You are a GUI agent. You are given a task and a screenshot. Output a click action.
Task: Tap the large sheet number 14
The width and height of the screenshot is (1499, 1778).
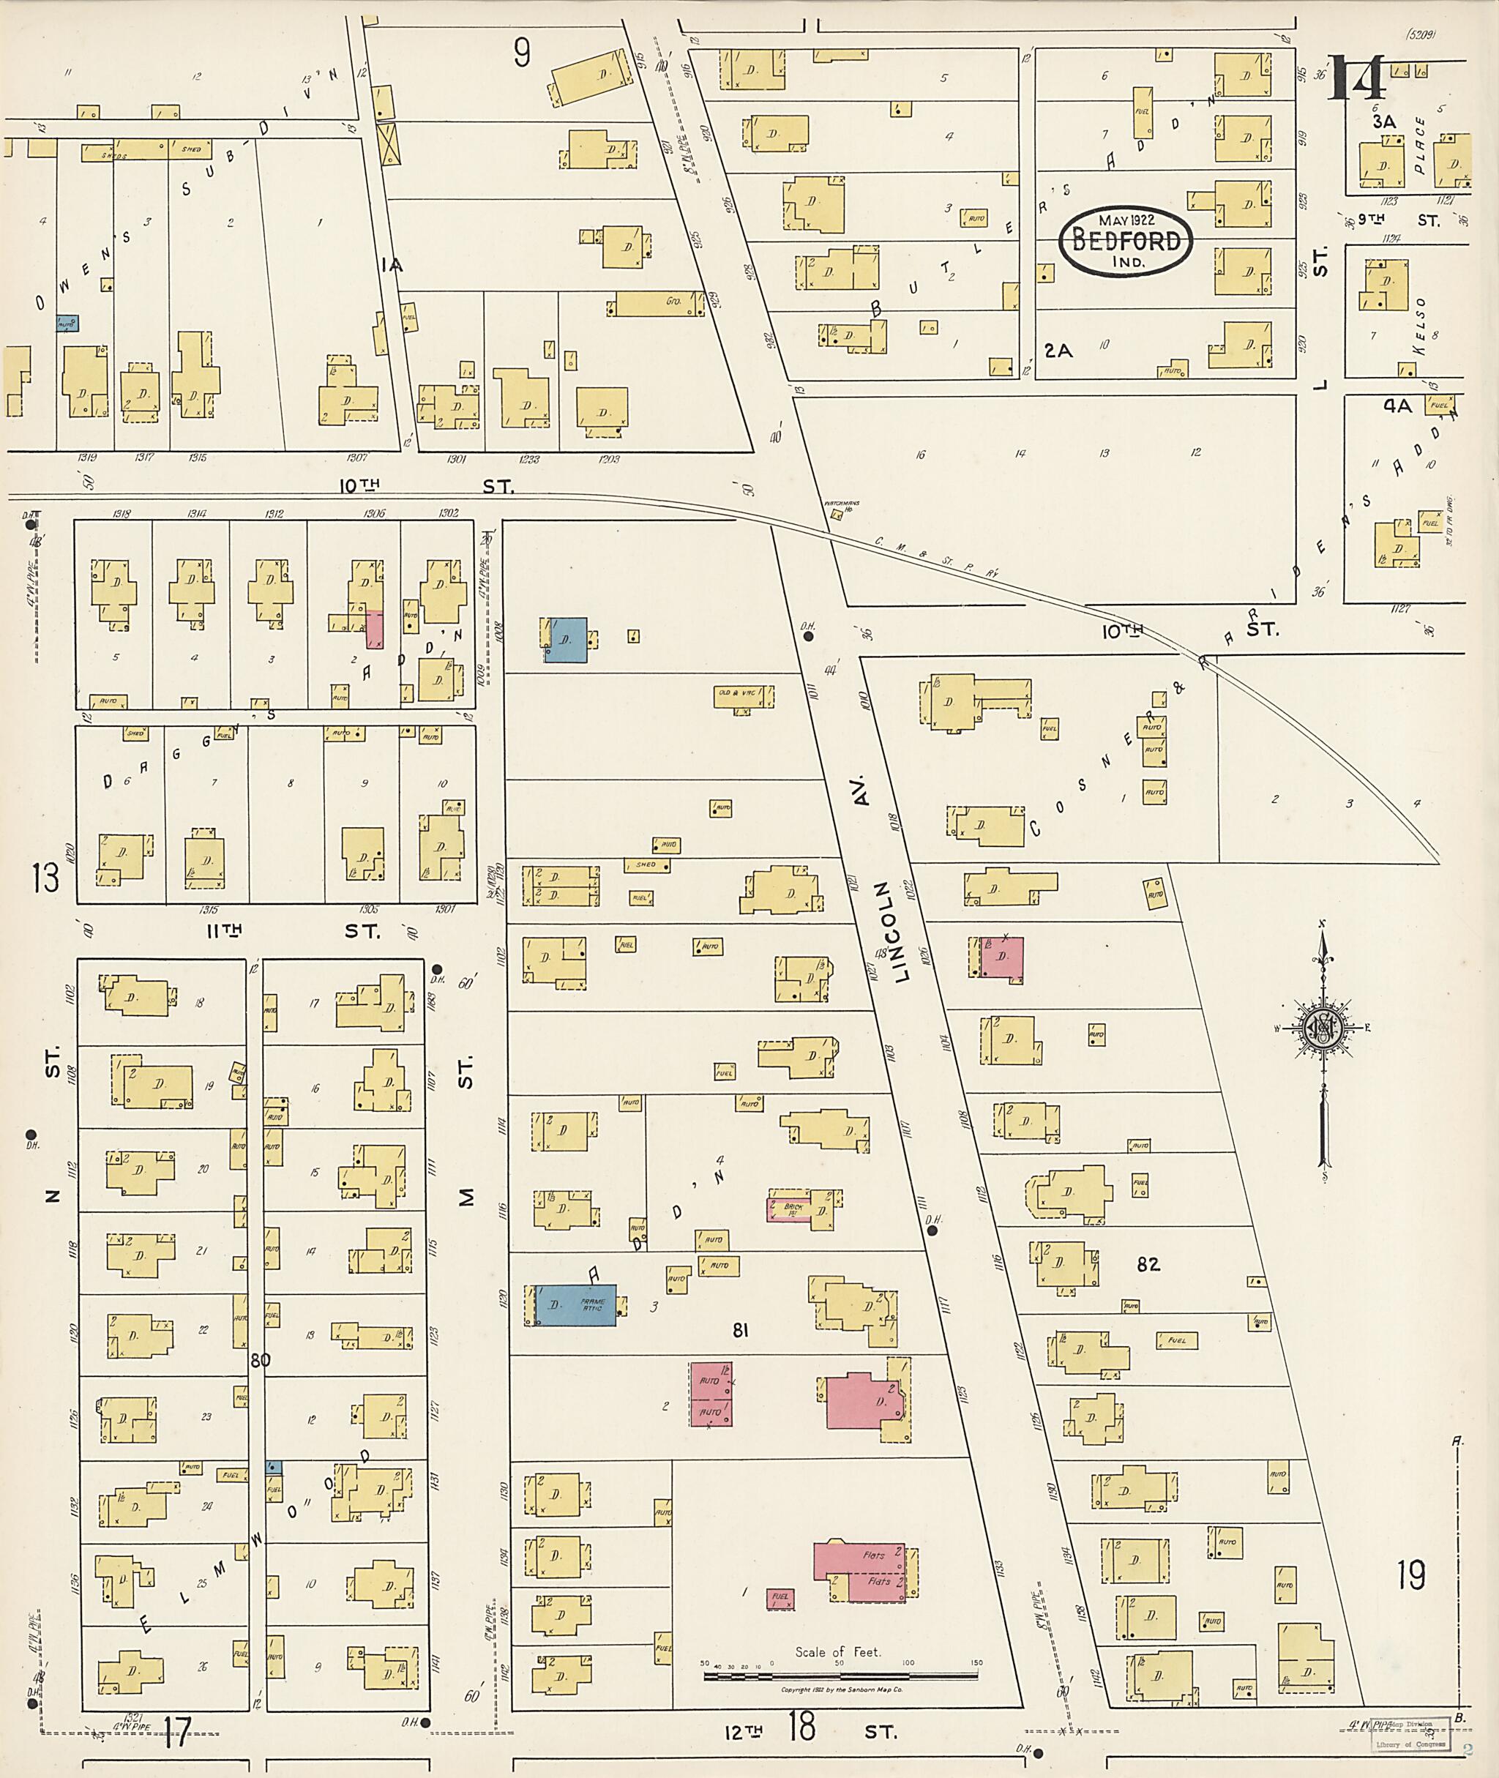[1357, 78]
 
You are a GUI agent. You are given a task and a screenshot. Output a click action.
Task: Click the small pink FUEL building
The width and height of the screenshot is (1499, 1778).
[780, 1598]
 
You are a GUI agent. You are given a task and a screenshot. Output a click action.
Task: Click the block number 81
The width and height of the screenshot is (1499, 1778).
[740, 1330]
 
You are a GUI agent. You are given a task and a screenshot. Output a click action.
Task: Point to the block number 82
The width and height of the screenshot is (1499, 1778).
[1148, 1265]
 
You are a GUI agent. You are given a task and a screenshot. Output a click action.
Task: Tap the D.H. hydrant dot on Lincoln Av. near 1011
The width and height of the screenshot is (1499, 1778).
[808, 635]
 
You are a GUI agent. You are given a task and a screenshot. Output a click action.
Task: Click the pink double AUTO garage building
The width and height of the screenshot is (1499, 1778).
[711, 1394]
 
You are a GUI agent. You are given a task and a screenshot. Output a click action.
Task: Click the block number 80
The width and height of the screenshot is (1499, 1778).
[260, 1360]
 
